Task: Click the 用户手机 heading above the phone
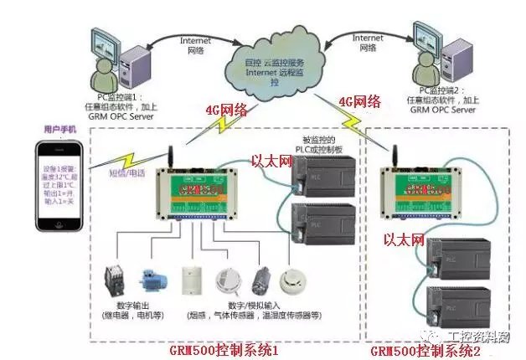(60, 131)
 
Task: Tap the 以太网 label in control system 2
(405, 240)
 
